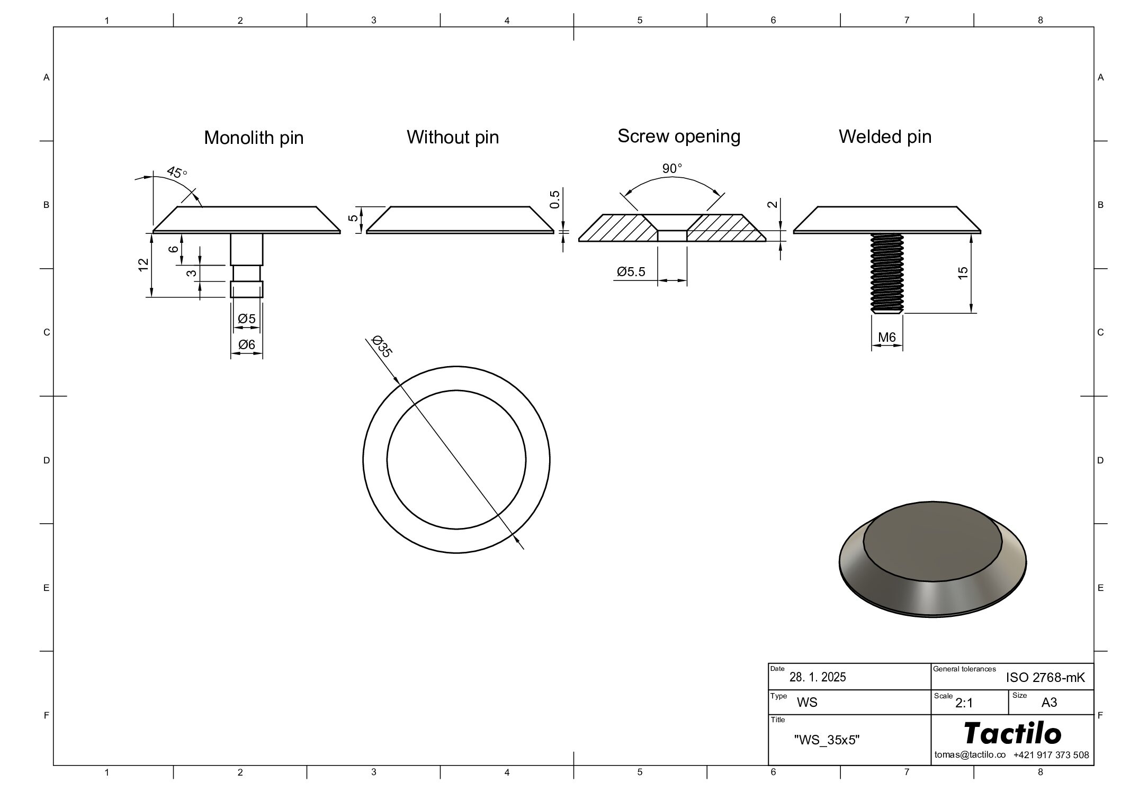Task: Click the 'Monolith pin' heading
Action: click(x=254, y=138)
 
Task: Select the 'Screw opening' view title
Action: click(x=679, y=136)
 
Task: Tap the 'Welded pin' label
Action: click(x=885, y=136)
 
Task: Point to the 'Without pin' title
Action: click(x=453, y=137)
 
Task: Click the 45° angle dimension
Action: click(x=177, y=172)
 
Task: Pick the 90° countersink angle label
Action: click(x=672, y=169)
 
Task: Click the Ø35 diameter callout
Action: click(x=382, y=346)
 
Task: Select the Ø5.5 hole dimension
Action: click(x=631, y=272)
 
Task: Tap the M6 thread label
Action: click(x=887, y=337)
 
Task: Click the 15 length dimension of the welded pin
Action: click(x=963, y=272)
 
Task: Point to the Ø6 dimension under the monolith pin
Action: click(x=247, y=344)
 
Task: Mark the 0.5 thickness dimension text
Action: click(x=554, y=199)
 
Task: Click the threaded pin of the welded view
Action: click(x=887, y=274)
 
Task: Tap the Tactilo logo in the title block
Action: click(x=1012, y=733)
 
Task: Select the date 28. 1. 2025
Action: click(x=818, y=677)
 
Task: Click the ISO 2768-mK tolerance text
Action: click(x=1045, y=678)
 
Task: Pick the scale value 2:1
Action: click(x=964, y=703)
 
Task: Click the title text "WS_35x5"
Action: click(x=827, y=740)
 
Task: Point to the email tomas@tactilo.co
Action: click(x=970, y=755)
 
